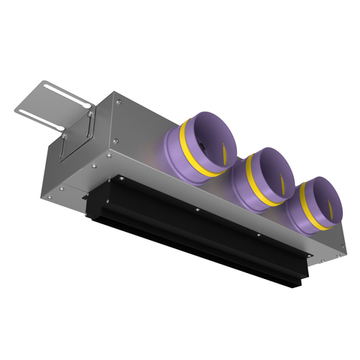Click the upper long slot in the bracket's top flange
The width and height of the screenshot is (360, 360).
pyautogui.click(x=51, y=94)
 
